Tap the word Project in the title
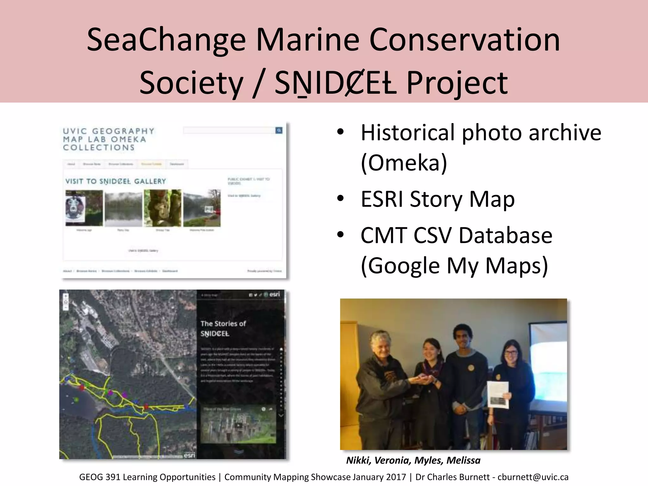coord(457,83)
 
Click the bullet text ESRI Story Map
coord(438,199)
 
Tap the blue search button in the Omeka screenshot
coord(279,130)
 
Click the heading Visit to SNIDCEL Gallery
coord(115,181)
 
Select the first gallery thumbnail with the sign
coord(84,208)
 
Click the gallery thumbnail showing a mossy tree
coord(163,208)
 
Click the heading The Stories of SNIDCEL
coord(223,328)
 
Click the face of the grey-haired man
coord(382,348)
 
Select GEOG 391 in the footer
coord(100,477)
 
